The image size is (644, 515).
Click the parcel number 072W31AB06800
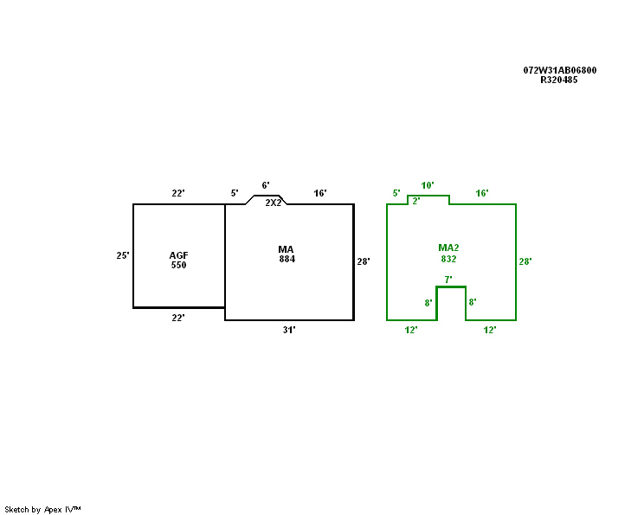coord(559,70)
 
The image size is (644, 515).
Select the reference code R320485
coord(559,80)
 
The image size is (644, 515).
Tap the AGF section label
coord(178,255)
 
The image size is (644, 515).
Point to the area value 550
coord(178,265)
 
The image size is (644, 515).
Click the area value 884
coord(287,259)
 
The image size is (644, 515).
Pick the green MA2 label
coord(448,248)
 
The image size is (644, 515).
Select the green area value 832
coord(448,259)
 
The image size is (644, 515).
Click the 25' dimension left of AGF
coord(123,255)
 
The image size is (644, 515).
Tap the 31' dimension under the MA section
coord(289,330)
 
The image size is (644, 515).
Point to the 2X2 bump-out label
coord(274,203)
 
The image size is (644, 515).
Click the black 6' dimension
coord(266,185)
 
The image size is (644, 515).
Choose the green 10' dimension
coord(428,185)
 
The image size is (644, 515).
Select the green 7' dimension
coord(448,280)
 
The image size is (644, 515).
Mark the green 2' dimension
coord(415,201)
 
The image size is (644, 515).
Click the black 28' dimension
coord(364,261)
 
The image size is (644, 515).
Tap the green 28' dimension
coord(525,261)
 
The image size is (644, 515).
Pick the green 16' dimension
coord(482,193)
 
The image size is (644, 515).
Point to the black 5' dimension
coord(234,193)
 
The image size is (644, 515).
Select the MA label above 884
coord(287,249)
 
